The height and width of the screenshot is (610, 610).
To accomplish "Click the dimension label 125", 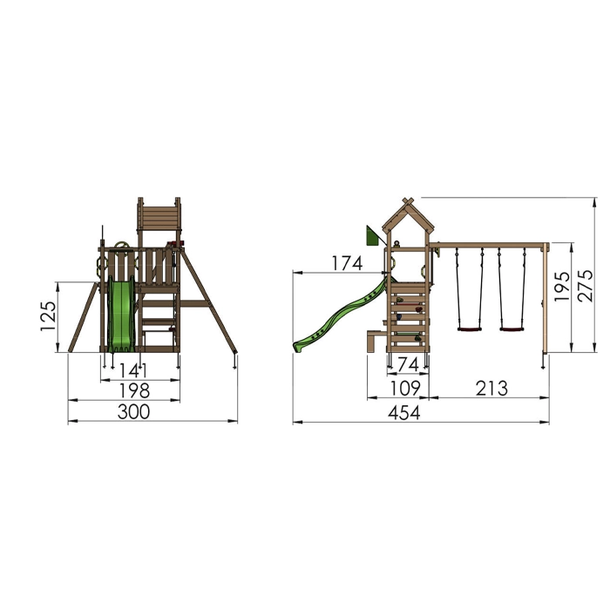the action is pyautogui.click(x=49, y=315).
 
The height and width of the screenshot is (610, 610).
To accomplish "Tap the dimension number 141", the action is pyautogui.click(x=133, y=370).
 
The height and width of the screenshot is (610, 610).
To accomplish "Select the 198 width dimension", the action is pyautogui.click(x=134, y=390).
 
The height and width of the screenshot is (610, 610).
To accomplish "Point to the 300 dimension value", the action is pyautogui.click(x=133, y=412).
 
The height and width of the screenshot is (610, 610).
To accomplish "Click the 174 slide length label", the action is pyautogui.click(x=347, y=263).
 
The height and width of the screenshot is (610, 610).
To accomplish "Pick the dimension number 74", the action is pyautogui.click(x=408, y=365).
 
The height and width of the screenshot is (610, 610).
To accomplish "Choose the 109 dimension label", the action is pyautogui.click(x=404, y=389).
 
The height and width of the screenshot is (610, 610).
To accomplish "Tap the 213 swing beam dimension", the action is pyautogui.click(x=491, y=389).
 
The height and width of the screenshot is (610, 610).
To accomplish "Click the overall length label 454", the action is pyautogui.click(x=404, y=413).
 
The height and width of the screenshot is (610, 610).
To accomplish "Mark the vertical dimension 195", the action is pyautogui.click(x=562, y=287).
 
